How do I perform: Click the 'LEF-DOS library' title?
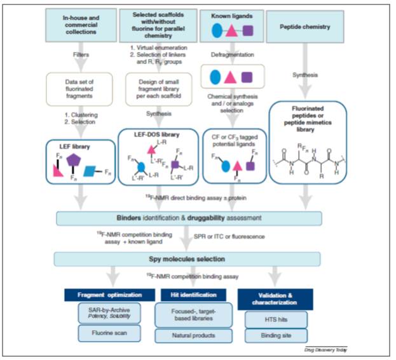point(159,135)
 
